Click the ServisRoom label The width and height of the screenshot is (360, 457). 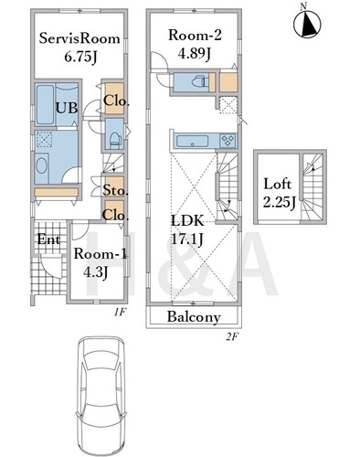[79, 38]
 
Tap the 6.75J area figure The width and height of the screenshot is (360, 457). [80, 57]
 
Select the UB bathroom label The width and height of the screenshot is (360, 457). [67, 108]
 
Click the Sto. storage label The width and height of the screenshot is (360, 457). [114, 190]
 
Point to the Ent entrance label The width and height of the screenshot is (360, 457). [48, 239]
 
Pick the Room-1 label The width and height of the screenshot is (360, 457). [101, 254]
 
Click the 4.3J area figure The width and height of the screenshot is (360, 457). [96, 272]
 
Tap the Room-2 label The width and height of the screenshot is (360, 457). [196, 35]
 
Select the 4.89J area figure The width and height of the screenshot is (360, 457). [195, 54]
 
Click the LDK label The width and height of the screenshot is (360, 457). [187, 221]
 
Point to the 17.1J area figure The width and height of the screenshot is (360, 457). [187, 239]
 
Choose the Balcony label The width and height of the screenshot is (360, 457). [194, 317]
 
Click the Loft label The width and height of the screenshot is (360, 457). [278, 184]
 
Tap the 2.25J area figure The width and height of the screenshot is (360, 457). [279, 202]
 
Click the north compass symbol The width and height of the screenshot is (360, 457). [307, 23]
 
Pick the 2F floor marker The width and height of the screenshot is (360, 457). [232, 337]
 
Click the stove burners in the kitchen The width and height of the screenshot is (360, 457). [228, 141]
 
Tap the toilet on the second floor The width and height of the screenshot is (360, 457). [200, 81]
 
